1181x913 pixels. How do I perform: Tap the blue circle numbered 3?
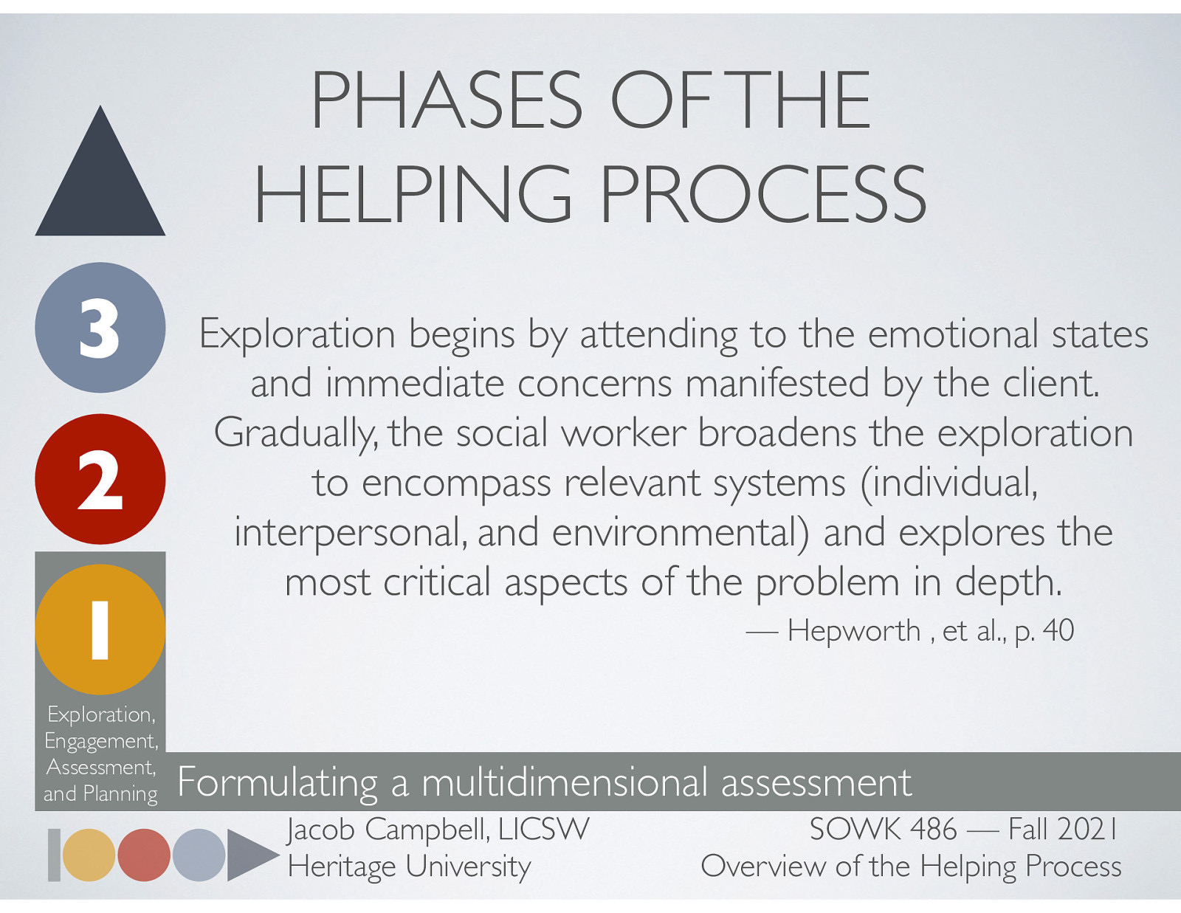point(100,328)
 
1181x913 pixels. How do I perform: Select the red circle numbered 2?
point(100,479)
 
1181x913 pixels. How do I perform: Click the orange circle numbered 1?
point(100,630)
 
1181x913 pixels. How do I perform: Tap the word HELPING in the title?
point(413,194)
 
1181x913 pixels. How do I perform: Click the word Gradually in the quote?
point(294,433)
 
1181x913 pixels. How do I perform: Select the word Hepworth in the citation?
point(854,631)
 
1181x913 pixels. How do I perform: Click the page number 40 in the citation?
point(1058,631)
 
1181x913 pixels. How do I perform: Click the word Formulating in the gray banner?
point(278,782)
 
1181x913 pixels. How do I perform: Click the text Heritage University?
point(409,867)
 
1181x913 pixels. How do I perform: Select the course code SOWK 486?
point(883,830)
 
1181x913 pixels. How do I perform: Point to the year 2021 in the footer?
point(1087,830)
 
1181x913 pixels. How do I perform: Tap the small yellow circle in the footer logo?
point(89,855)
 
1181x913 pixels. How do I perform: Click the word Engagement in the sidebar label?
point(100,741)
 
